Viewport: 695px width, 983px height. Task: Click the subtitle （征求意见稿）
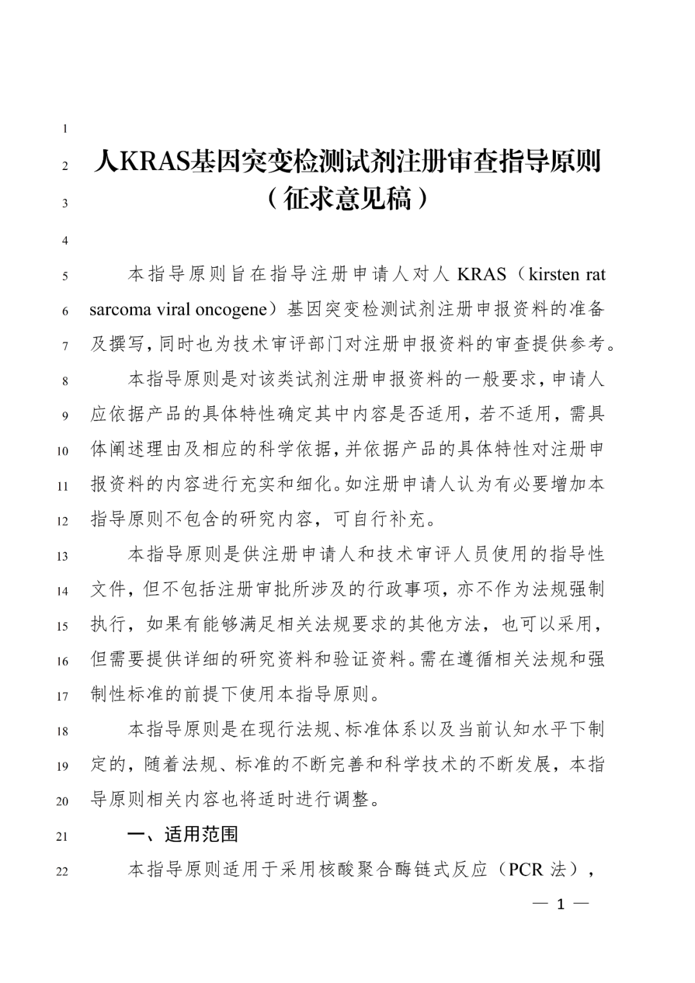coord(347,199)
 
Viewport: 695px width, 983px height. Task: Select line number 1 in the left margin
coord(65,129)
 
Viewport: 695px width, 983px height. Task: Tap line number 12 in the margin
coord(62,521)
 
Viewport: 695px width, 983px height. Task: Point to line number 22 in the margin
coord(62,872)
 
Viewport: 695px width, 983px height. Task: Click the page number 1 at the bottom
coord(560,904)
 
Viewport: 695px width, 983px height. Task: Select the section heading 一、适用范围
coord(183,835)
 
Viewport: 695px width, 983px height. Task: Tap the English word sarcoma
coord(120,310)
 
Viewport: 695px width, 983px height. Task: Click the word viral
coord(173,310)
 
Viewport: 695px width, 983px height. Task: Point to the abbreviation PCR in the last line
coord(526,870)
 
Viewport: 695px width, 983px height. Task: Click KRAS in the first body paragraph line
coord(481,274)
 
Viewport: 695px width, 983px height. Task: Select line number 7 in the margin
coord(65,346)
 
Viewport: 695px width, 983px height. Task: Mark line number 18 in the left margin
coord(62,731)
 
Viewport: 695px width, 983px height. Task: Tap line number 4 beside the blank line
coord(65,241)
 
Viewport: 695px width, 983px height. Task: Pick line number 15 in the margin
coord(62,626)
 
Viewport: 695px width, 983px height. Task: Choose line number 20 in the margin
coord(62,801)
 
